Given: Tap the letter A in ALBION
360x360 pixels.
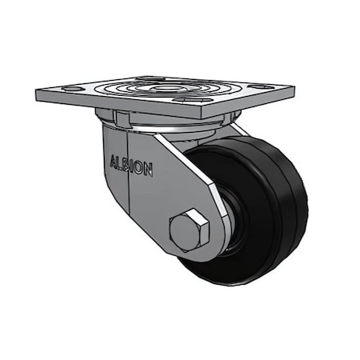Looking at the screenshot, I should tap(112, 162).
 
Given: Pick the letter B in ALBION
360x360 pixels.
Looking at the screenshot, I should tap(127, 165).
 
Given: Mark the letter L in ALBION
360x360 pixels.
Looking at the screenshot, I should tap(119, 163).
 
